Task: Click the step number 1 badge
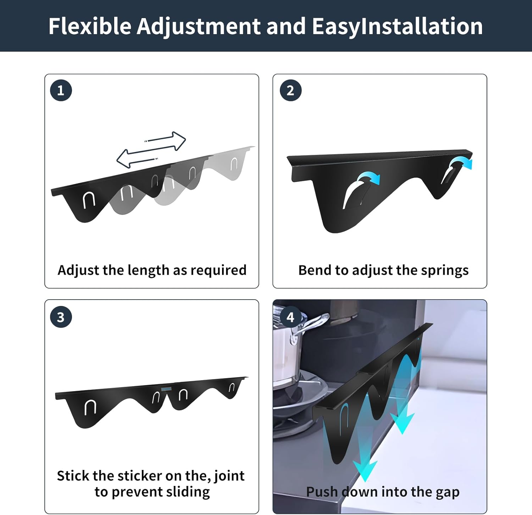pos(61,91)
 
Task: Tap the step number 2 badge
pos(290,91)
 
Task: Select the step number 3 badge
pos(61,317)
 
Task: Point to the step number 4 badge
pos(290,317)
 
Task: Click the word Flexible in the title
pos(90,26)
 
